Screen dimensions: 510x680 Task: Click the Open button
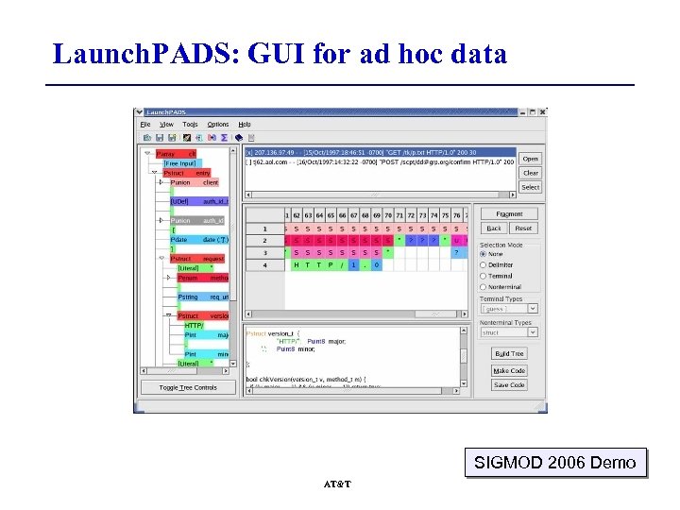(x=530, y=159)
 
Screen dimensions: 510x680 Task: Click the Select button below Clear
(x=530, y=187)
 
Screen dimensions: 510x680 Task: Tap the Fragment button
(x=509, y=214)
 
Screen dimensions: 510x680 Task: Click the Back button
(x=494, y=229)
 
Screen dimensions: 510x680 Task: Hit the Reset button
(x=523, y=229)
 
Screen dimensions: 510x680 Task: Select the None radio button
(x=484, y=254)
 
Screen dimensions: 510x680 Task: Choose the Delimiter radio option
(x=484, y=265)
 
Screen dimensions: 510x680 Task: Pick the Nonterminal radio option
(x=484, y=287)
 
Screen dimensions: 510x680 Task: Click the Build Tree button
(x=509, y=354)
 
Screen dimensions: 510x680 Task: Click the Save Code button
(x=509, y=385)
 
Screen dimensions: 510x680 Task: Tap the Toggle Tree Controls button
(x=188, y=388)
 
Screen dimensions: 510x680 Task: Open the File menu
(x=145, y=125)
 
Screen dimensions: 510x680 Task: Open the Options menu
(x=218, y=125)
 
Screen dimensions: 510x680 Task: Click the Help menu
(x=245, y=125)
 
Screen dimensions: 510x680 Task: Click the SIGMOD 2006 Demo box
(x=555, y=463)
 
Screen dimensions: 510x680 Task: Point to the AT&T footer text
(x=337, y=484)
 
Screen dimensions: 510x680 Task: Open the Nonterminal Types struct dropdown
(x=509, y=332)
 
